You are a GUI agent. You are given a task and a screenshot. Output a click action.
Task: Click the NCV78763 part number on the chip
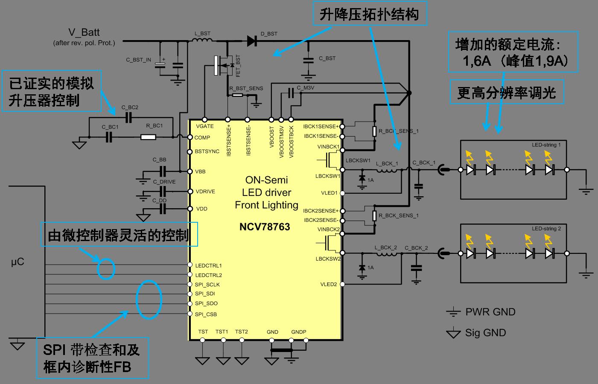265,227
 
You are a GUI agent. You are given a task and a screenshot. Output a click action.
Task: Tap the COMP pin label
202,137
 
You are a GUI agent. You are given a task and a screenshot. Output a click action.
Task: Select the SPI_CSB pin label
206,314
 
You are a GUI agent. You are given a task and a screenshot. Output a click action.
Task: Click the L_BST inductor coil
202,41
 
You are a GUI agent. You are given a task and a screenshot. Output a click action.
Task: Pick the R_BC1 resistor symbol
148,137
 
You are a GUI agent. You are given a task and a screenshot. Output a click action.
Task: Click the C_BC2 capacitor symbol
129,117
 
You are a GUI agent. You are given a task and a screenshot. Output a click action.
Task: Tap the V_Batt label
84,33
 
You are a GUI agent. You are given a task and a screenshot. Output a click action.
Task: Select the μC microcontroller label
18,262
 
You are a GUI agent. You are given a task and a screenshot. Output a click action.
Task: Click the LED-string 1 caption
546,145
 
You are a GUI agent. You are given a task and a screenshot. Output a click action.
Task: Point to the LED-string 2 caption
546,229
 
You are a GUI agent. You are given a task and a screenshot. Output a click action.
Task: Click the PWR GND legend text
490,312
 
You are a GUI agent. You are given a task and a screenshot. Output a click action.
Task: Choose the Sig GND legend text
485,333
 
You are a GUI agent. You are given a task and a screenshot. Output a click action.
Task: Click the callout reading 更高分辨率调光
507,93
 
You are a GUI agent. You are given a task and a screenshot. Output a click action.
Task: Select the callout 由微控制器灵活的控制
119,234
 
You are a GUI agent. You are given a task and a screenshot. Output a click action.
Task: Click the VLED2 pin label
329,284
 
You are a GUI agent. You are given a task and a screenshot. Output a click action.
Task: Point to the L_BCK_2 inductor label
386,248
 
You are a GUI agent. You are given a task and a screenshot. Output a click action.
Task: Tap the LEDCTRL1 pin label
208,265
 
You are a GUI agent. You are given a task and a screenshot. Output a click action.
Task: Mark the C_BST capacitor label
327,58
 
